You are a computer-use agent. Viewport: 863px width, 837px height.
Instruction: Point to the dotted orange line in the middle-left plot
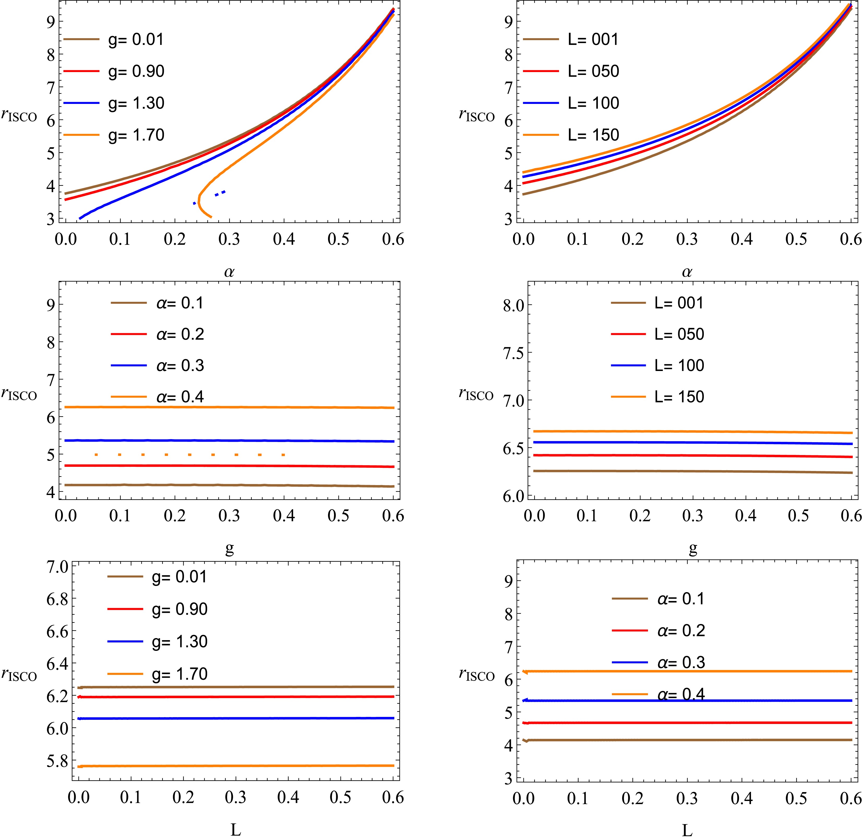[189, 454]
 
